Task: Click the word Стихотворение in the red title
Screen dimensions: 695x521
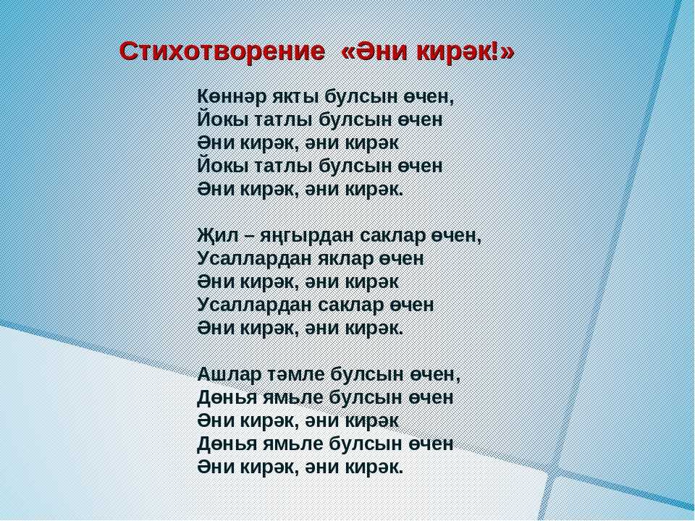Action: (222, 52)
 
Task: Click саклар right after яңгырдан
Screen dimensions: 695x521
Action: (392, 235)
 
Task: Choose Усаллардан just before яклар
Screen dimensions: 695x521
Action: (255, 259)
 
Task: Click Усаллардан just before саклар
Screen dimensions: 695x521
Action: (255, 305)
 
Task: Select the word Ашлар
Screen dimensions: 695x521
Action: (229, 375)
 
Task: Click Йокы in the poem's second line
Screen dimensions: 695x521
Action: (223, 119)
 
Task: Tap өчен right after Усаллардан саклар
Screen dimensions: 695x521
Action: (412, 305)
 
